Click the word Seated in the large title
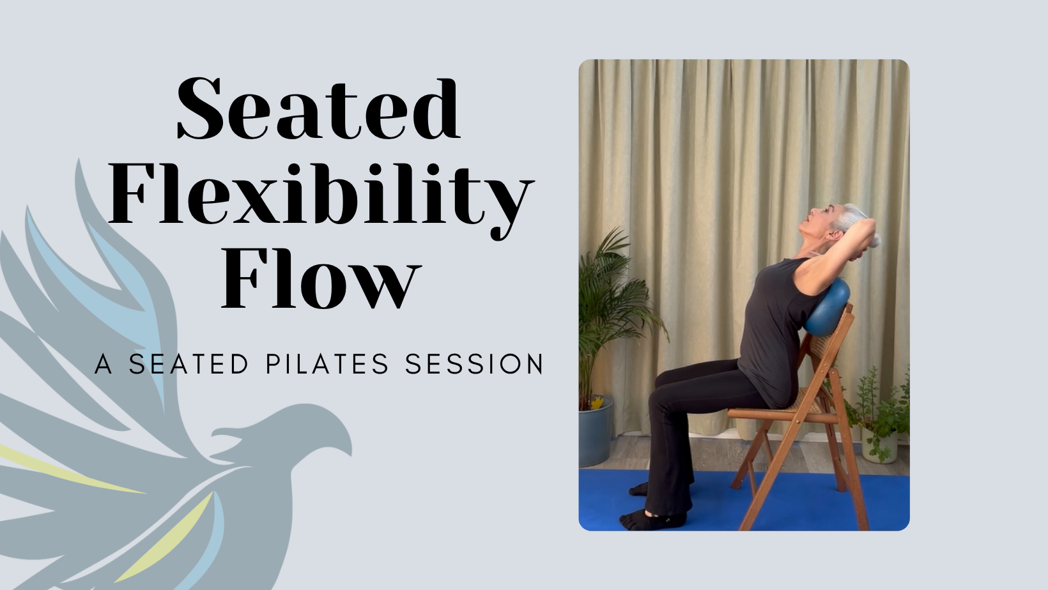coord(318,110)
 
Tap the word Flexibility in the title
coord(320,195)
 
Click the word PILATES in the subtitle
coord(327,365)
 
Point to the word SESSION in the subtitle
coord(474,365)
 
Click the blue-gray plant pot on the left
coord(595,431)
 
